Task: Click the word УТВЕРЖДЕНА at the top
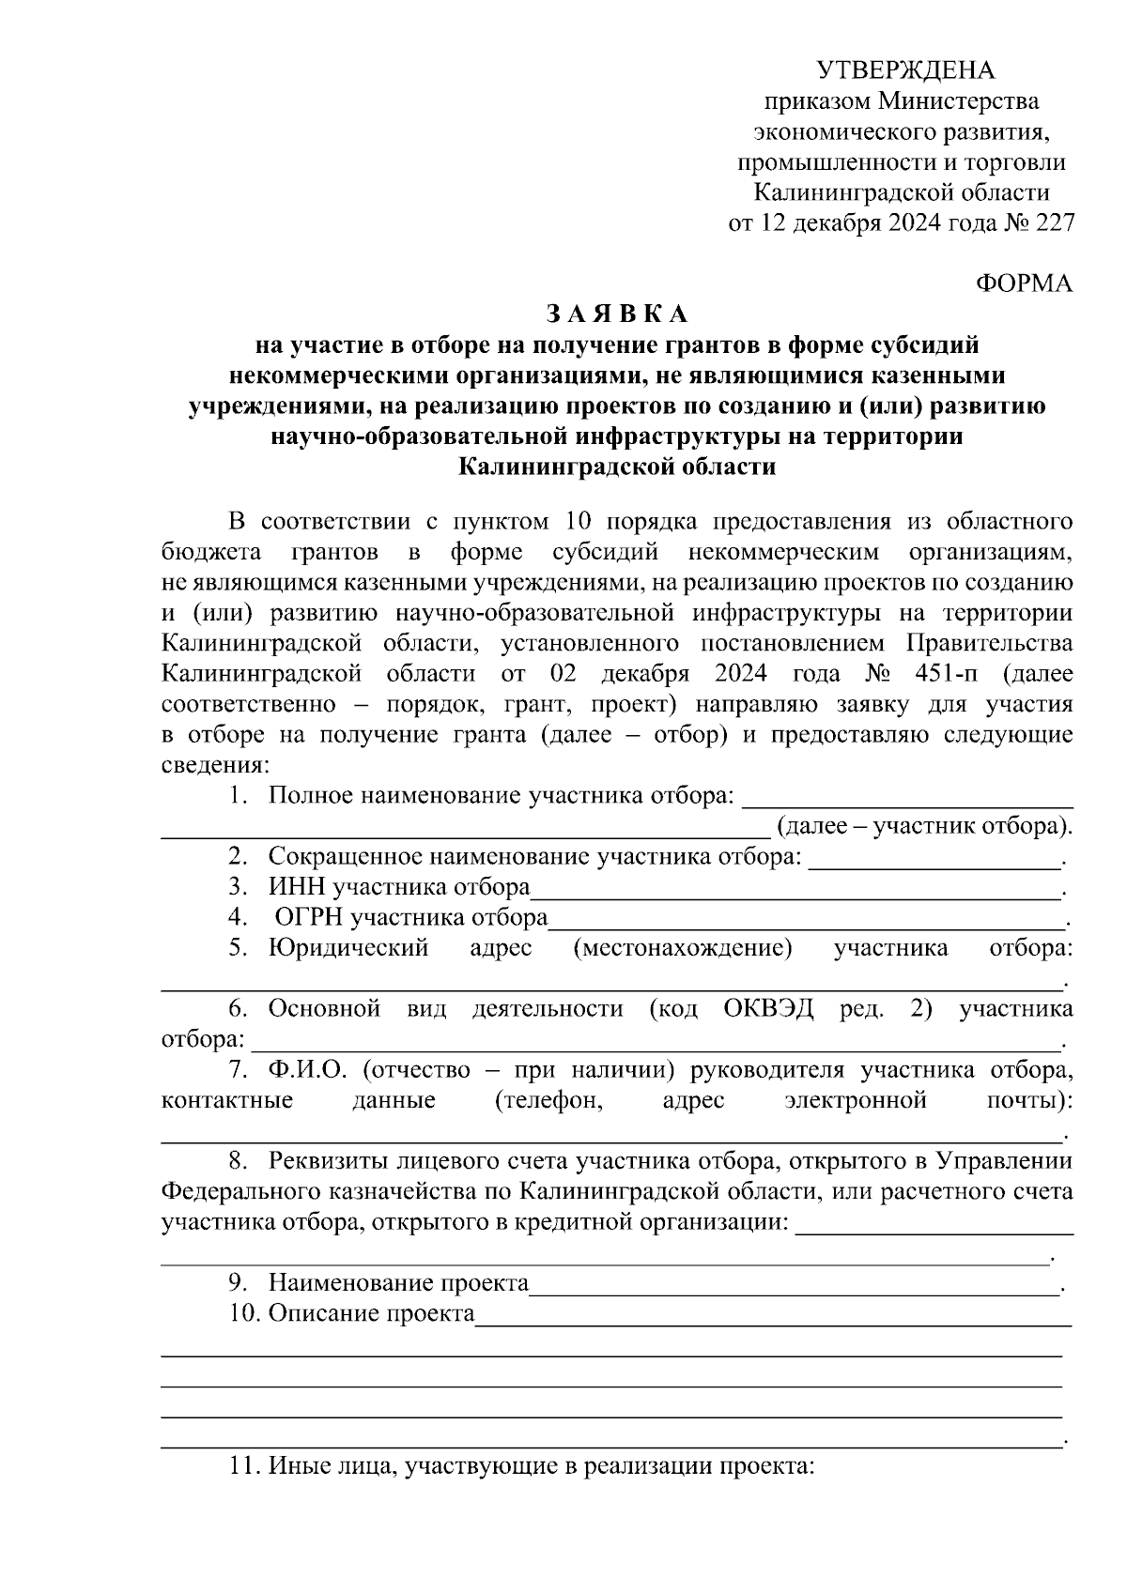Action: [x=904, y=70]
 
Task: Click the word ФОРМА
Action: [x=1025, y=284]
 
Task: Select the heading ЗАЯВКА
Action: [x=617, y=314]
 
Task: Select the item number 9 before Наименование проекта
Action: [x=238, y=1283]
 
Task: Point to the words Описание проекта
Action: [x=371, y=1313]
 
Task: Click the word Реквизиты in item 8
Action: [x=329, y=1161]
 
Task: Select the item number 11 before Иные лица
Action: [x=243, y=1466]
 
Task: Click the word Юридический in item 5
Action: [x=348, y=948]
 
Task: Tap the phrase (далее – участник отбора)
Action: [x=924, y=827]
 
